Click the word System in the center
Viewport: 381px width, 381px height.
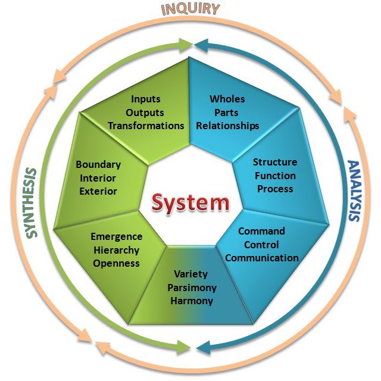[x=190, y=202]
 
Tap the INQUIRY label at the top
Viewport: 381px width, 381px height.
[x=190, y=10]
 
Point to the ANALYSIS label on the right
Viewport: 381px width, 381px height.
[x=354, y=190]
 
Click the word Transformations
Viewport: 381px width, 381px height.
[x=146, y=126]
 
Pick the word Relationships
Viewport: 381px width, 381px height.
[x=228, y=126]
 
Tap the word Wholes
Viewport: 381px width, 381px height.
[x=227, y=99]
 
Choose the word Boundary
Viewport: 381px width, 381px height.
[x=98, y=164]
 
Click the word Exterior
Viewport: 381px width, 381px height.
[x=97, y=191]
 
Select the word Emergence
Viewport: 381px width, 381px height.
[x=117, y=236]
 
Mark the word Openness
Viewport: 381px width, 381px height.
[x=116, y=263]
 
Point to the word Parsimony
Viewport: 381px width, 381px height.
[x=191, y=288]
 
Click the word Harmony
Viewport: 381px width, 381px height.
[x=191, y=301]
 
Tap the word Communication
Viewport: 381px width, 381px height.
[x=262, y=258]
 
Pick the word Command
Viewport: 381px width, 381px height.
[x=262, y=231]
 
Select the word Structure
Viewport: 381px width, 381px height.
[x=274, y=162]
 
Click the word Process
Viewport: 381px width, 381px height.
[x=274, y=189]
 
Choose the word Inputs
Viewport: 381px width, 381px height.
[x=146, y=99]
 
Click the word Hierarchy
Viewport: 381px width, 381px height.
[x=116, y=250]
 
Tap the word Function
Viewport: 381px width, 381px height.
[x=274, y=176]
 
